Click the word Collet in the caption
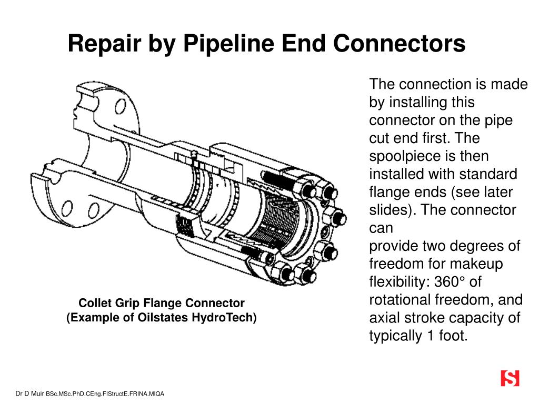[x=93, y=304]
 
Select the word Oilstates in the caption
[x=175, y=318]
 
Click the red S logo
[x=510, y=378]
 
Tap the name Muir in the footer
[x=37, y=393]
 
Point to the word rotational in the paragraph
[x=400, y=300]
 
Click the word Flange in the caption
[x=154, y=304]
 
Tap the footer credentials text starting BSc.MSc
[x=105, y=393]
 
